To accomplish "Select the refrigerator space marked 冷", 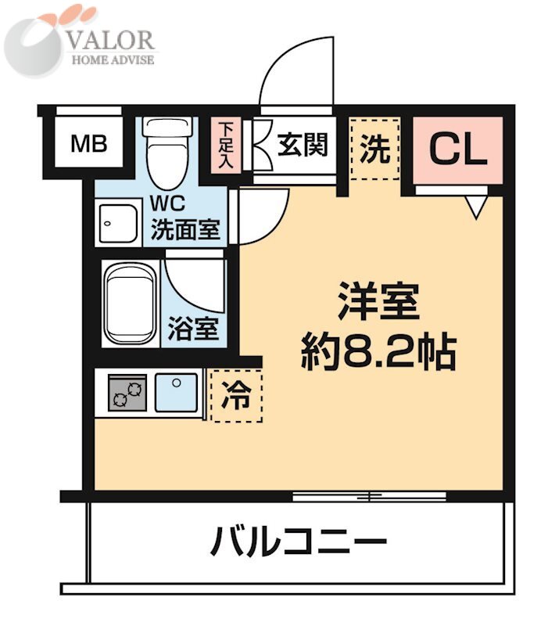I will pos(237,396).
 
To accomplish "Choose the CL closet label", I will pos(458,149).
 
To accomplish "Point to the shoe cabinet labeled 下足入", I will pos(226,144).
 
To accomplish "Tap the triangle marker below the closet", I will pos(476,206).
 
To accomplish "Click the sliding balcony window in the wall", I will pos(369,495).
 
